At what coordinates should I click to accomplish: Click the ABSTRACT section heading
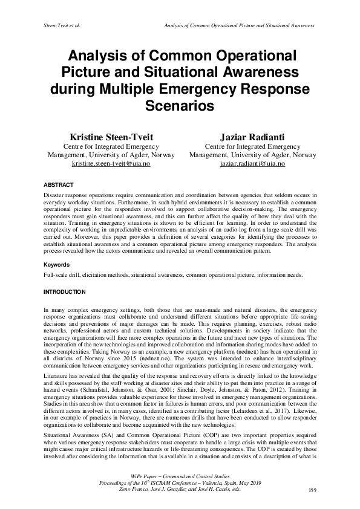(x=59, y=184)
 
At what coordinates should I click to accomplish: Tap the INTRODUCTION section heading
(x=65, y=292)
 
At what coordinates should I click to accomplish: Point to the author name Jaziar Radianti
(x=252, y=138)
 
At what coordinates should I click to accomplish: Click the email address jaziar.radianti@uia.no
(x=252, y=164)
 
